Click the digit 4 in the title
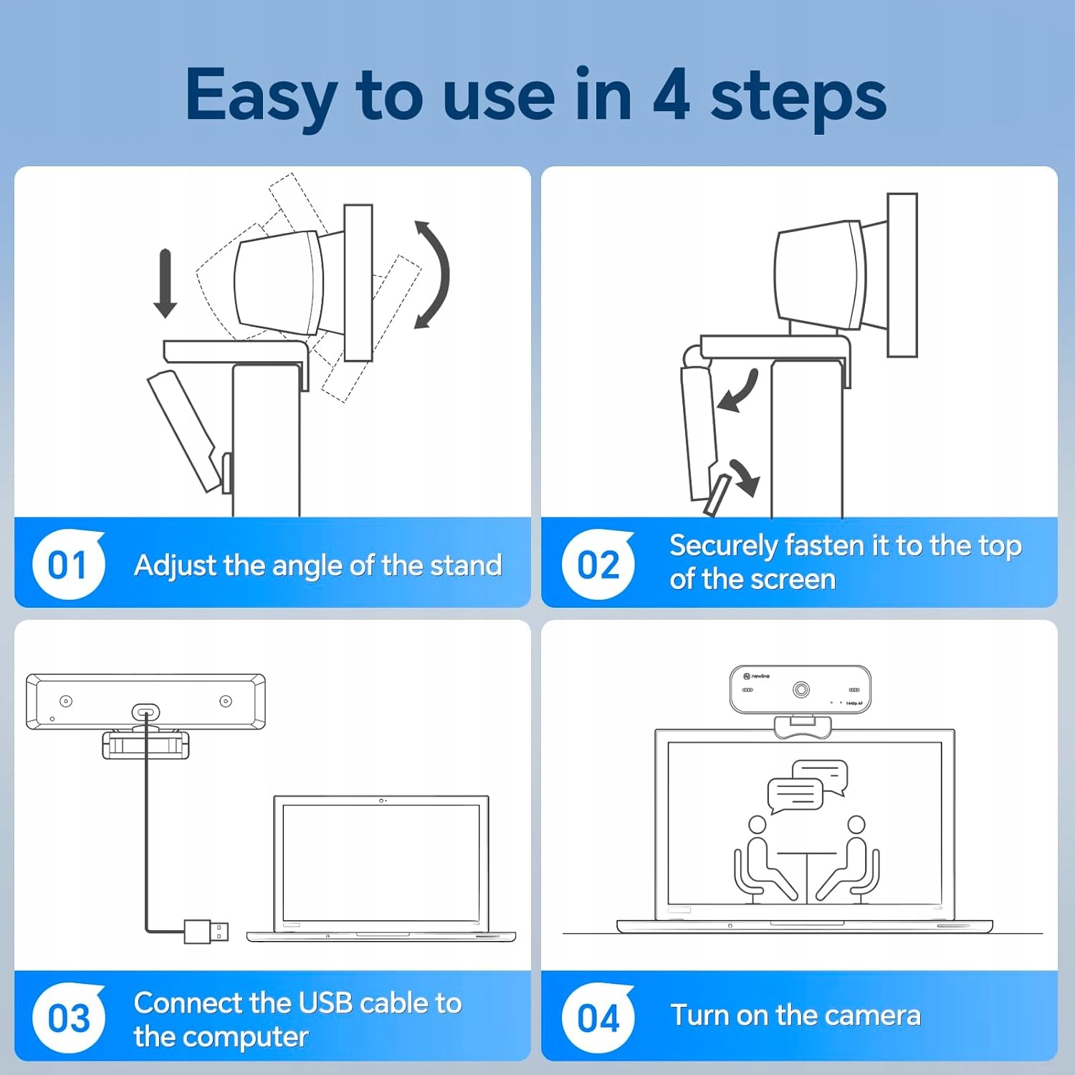pos(672,95)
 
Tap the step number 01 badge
pos(68,565)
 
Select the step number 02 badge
pos(598,565)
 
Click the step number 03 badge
pos(68,1018)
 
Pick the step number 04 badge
pos(598,1018)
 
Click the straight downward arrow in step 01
pos(166,283)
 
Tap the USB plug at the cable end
pos(206,931)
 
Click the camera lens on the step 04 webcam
pos(801,689)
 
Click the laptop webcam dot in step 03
pos(382,801)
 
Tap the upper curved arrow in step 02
pos(740,391)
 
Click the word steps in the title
pos(798,97)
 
